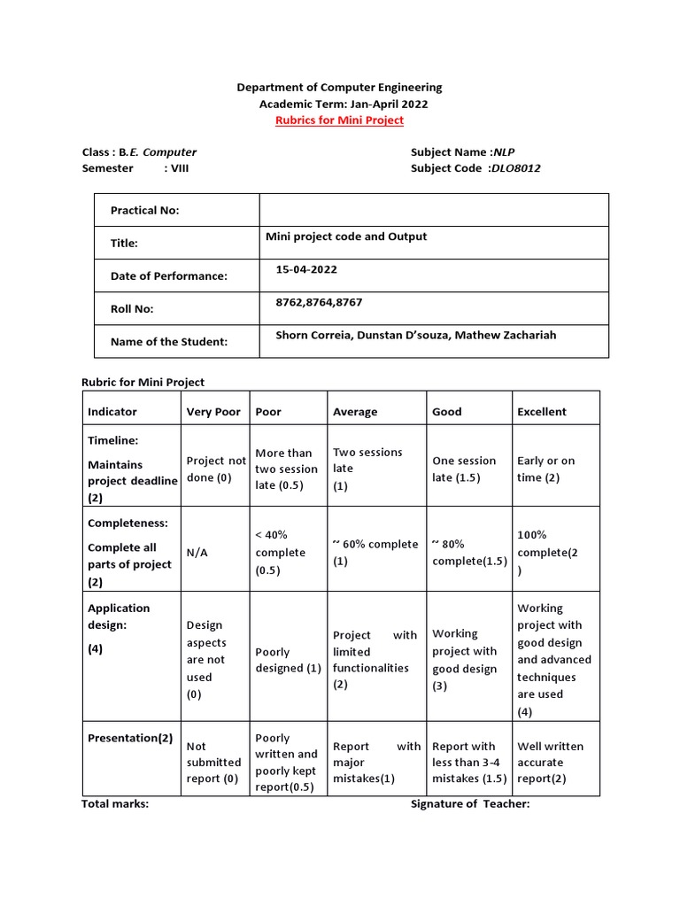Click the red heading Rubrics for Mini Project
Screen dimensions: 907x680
(x=339, y=120)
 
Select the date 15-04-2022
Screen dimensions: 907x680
(x=306, y=269)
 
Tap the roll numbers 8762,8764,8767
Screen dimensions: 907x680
(x=319, y=303)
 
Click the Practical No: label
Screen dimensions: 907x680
(x=144, y=210)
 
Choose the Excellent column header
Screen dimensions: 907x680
(x=541, y=412)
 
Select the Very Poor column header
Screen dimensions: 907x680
(x=213, y=412)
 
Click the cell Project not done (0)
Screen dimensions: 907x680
(x=216, y=469)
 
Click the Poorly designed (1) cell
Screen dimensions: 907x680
(x=288, y=660)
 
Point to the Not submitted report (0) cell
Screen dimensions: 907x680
(x=213, y=763)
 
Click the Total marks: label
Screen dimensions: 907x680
(x=115, y=804)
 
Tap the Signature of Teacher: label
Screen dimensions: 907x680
(x=469, y=804)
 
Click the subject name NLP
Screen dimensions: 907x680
(x=504, y=152)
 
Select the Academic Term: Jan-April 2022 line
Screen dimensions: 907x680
(x=339, y=105)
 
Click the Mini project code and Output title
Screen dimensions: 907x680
(x=346, y=236)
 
